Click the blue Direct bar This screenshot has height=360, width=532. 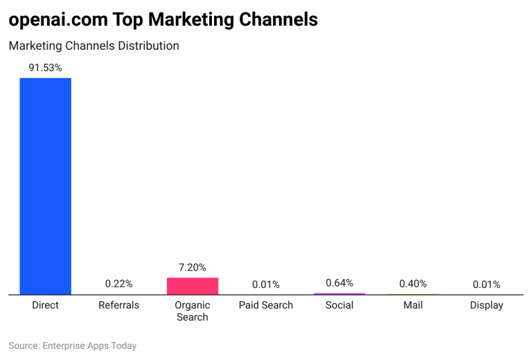(45, 186)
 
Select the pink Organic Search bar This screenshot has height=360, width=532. (193, 286)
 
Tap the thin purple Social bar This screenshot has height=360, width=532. (339, 294)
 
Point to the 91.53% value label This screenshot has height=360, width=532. (45, 68)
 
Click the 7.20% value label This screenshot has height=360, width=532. (193, 267)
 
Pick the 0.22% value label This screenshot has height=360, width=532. (119, 284)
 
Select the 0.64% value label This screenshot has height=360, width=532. (339, 282)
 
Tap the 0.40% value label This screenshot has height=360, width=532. (413, 284)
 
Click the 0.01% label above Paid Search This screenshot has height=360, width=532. (266, 285)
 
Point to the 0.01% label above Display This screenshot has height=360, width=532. (486, 285)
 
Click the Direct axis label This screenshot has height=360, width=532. (45, 305)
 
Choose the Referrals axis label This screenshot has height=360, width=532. (119, 305)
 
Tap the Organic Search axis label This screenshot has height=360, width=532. (193, 311)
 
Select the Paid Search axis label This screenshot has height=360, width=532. (266, 305)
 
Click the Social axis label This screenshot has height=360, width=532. (339, 305)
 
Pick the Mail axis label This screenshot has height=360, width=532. (413, 305)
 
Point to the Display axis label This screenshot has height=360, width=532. (486, 305)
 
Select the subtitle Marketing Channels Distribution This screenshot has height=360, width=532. (94, 46)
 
